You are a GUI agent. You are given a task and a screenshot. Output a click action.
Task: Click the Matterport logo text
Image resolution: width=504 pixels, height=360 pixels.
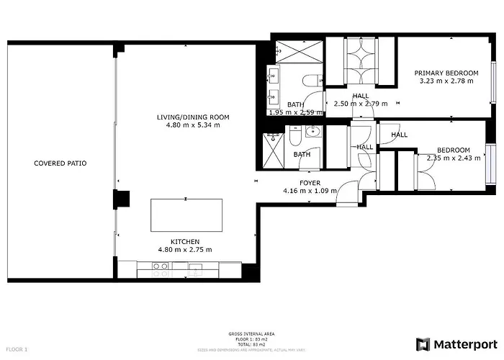tap(464, 343)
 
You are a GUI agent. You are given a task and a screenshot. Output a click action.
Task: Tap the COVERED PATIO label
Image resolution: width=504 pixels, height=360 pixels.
tap(60, 163)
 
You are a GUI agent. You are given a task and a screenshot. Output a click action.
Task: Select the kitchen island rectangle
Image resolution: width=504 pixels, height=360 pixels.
tap(186, 215)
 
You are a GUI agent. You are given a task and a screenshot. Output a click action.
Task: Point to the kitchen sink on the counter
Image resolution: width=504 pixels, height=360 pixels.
tap(195, 269)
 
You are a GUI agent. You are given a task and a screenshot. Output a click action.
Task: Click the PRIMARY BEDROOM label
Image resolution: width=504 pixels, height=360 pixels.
tap(446, 73)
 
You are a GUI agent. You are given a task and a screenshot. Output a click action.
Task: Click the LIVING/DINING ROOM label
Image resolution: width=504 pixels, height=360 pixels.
tap(193, 117)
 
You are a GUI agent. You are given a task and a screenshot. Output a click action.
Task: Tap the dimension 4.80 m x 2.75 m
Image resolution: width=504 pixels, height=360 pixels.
tap(185, 250)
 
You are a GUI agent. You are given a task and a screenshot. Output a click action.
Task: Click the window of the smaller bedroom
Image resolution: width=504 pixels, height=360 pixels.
tap(490, 163)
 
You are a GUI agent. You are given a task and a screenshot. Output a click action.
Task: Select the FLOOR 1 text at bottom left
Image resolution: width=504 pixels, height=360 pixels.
tap(16, 349)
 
